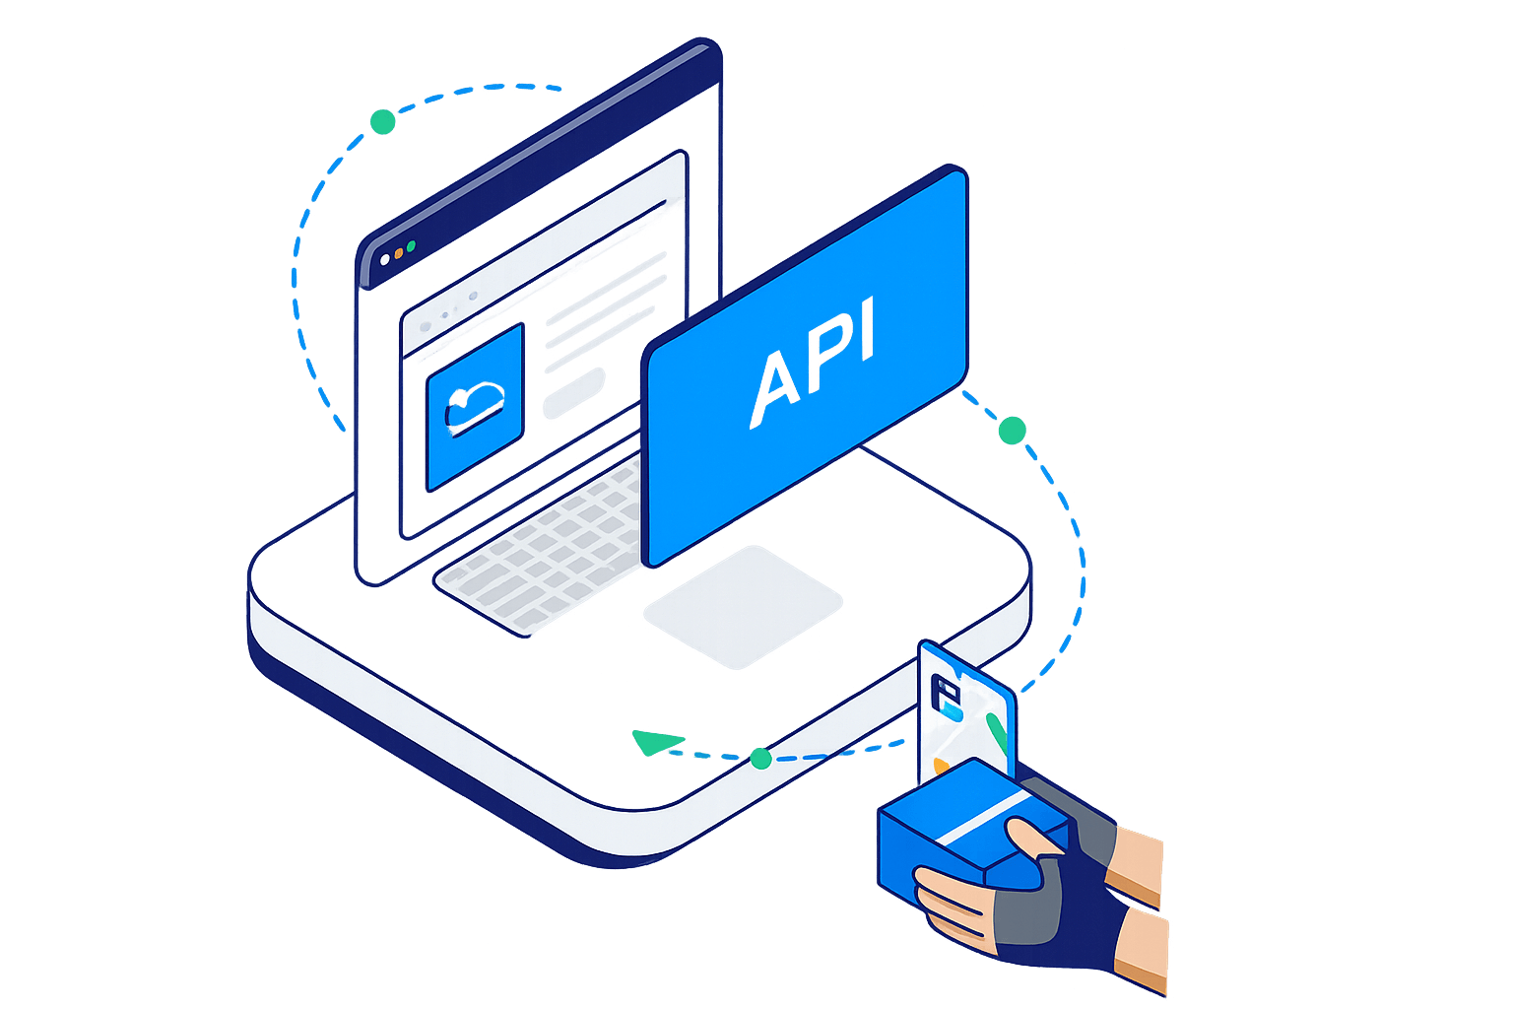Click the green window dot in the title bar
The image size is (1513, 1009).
[x=412, y=245]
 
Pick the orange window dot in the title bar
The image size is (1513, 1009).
[x=398, y=253]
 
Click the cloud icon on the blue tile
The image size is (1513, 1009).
[x=474, y=405]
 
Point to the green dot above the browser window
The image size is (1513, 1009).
[x=382, y=122]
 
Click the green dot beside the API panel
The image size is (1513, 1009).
[x=1012, y=430]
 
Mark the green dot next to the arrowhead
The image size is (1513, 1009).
[x=760, y=758]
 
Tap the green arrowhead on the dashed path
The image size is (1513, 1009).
[x=655, y=742]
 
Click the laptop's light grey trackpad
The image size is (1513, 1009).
[x=743, y=606]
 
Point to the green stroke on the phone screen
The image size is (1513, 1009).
[x=998, y=731]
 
